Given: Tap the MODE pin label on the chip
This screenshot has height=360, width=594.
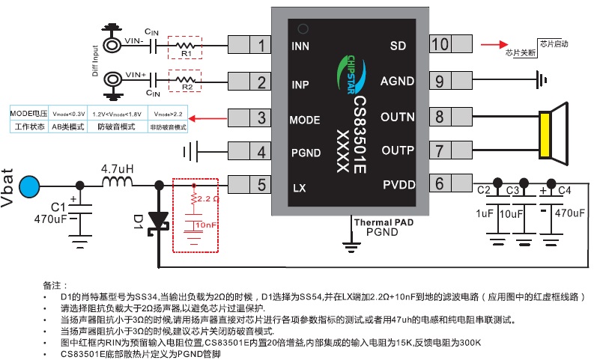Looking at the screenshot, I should (x=305, y=119).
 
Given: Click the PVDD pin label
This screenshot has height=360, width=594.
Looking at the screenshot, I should (x=398, y=183).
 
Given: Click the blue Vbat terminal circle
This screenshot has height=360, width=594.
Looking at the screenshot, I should (x=31, y=184).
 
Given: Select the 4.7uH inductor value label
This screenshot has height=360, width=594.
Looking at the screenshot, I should (x=118, y=169).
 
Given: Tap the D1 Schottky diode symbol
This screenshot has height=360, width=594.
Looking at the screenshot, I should (x=158, y=219).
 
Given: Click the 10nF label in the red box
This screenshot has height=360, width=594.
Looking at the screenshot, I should (x=206, y=225).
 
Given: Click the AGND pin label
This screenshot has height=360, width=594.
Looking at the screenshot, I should (x=396, y=81).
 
